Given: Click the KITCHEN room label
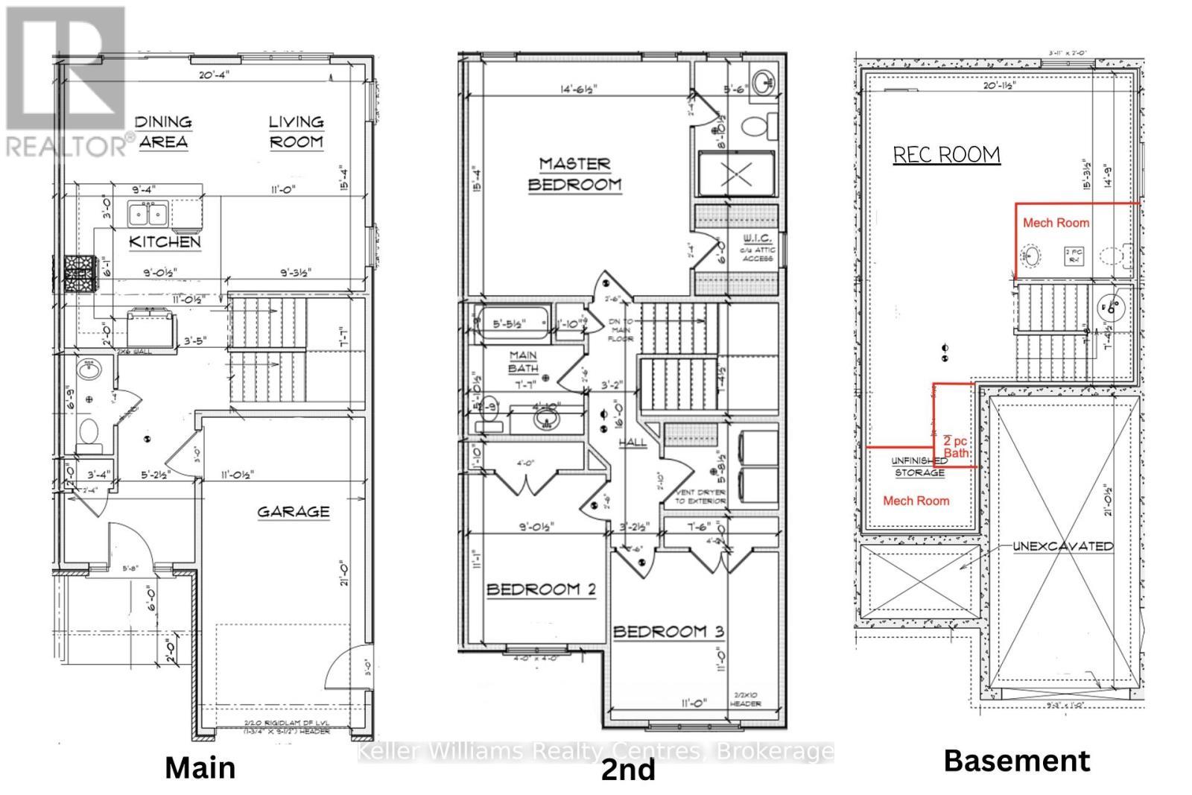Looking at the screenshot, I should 165,241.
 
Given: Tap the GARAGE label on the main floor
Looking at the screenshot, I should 294,512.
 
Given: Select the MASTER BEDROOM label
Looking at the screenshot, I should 574,174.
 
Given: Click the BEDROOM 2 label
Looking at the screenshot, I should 541,589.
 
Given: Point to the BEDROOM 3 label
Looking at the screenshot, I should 668,632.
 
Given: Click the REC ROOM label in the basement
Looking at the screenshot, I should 946,155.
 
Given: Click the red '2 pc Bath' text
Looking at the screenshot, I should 956,446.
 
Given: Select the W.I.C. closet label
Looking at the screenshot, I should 758,238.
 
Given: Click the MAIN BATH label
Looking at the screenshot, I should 524,361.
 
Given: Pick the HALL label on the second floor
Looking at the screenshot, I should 633,443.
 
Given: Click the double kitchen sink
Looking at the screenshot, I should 148,214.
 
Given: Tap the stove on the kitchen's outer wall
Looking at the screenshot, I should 77,273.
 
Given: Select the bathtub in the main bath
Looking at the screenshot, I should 515,323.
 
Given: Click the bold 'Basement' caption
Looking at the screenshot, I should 1016,761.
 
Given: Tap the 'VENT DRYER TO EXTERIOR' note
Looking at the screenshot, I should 700,497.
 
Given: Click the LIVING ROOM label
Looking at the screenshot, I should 296,131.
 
